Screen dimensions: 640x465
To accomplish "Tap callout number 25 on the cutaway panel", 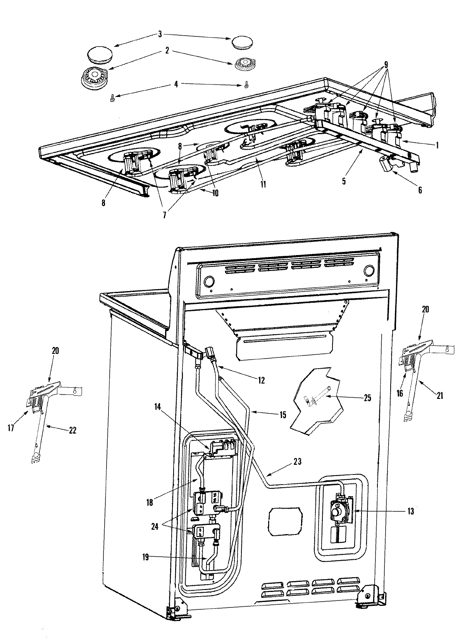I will [x=367, y=398].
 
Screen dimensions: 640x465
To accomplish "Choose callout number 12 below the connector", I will [x=261, y=381].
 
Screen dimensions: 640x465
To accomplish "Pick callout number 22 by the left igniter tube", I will [x=73, y=430].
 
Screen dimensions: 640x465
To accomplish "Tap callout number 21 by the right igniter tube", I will [x=440, y=396].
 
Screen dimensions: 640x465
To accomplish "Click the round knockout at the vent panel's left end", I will [x=210, y=281].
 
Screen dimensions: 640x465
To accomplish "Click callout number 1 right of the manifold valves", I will [x=437, y=145].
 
